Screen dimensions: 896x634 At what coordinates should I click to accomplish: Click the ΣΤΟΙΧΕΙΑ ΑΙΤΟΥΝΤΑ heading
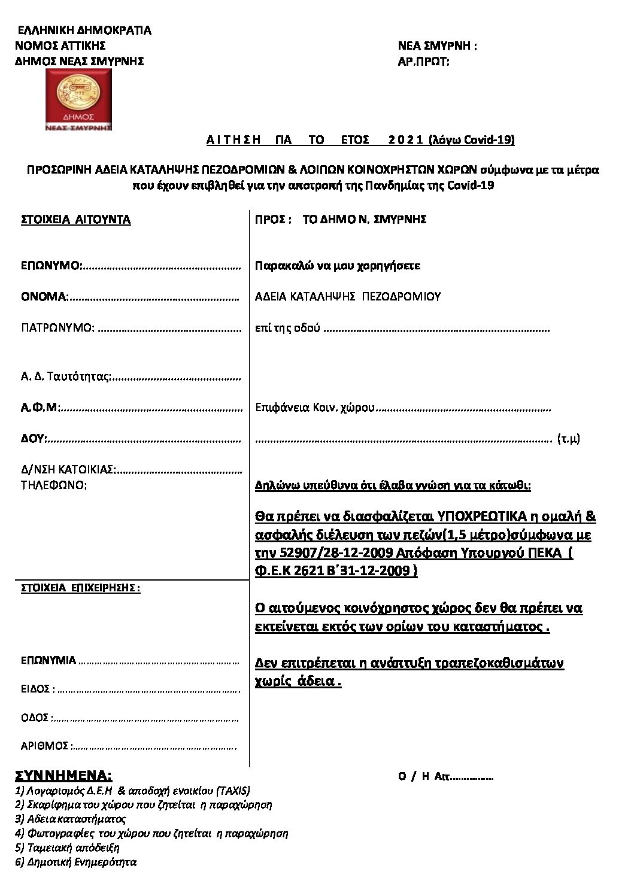pyautogui.click(x=75, y=220)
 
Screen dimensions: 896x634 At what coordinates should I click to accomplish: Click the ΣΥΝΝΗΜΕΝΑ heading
pyautogui.click(x=63, y=776)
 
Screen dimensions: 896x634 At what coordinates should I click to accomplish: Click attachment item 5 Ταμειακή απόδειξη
pyautogui.click(x=68, y=848)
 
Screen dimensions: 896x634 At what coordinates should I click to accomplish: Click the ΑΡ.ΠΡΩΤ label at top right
pyautogui.click(x=423, y=61)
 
